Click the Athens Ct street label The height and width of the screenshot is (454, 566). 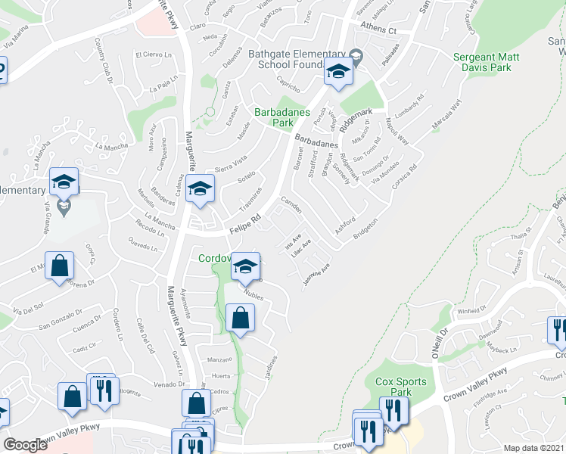click(378, 30)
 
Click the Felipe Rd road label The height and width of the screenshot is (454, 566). click(245, 221)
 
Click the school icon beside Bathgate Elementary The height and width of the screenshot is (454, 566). click(339, 73)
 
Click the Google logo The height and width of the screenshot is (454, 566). click(26, 445)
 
